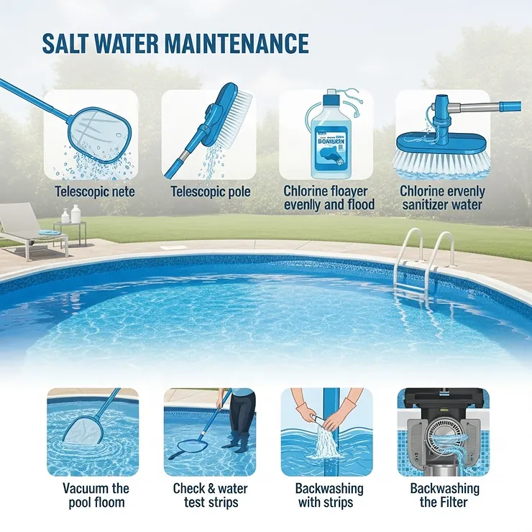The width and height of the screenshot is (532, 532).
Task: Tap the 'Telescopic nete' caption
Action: tap(93, 192)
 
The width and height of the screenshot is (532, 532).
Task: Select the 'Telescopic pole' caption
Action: tap(210, 192)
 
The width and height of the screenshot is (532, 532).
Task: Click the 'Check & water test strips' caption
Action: tap(210, 495)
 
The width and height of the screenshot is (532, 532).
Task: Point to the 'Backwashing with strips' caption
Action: tap(329, 495)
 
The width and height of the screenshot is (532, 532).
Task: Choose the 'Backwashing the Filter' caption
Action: tap(444, 495)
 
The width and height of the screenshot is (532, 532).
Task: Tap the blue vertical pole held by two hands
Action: tap(331, 431)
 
